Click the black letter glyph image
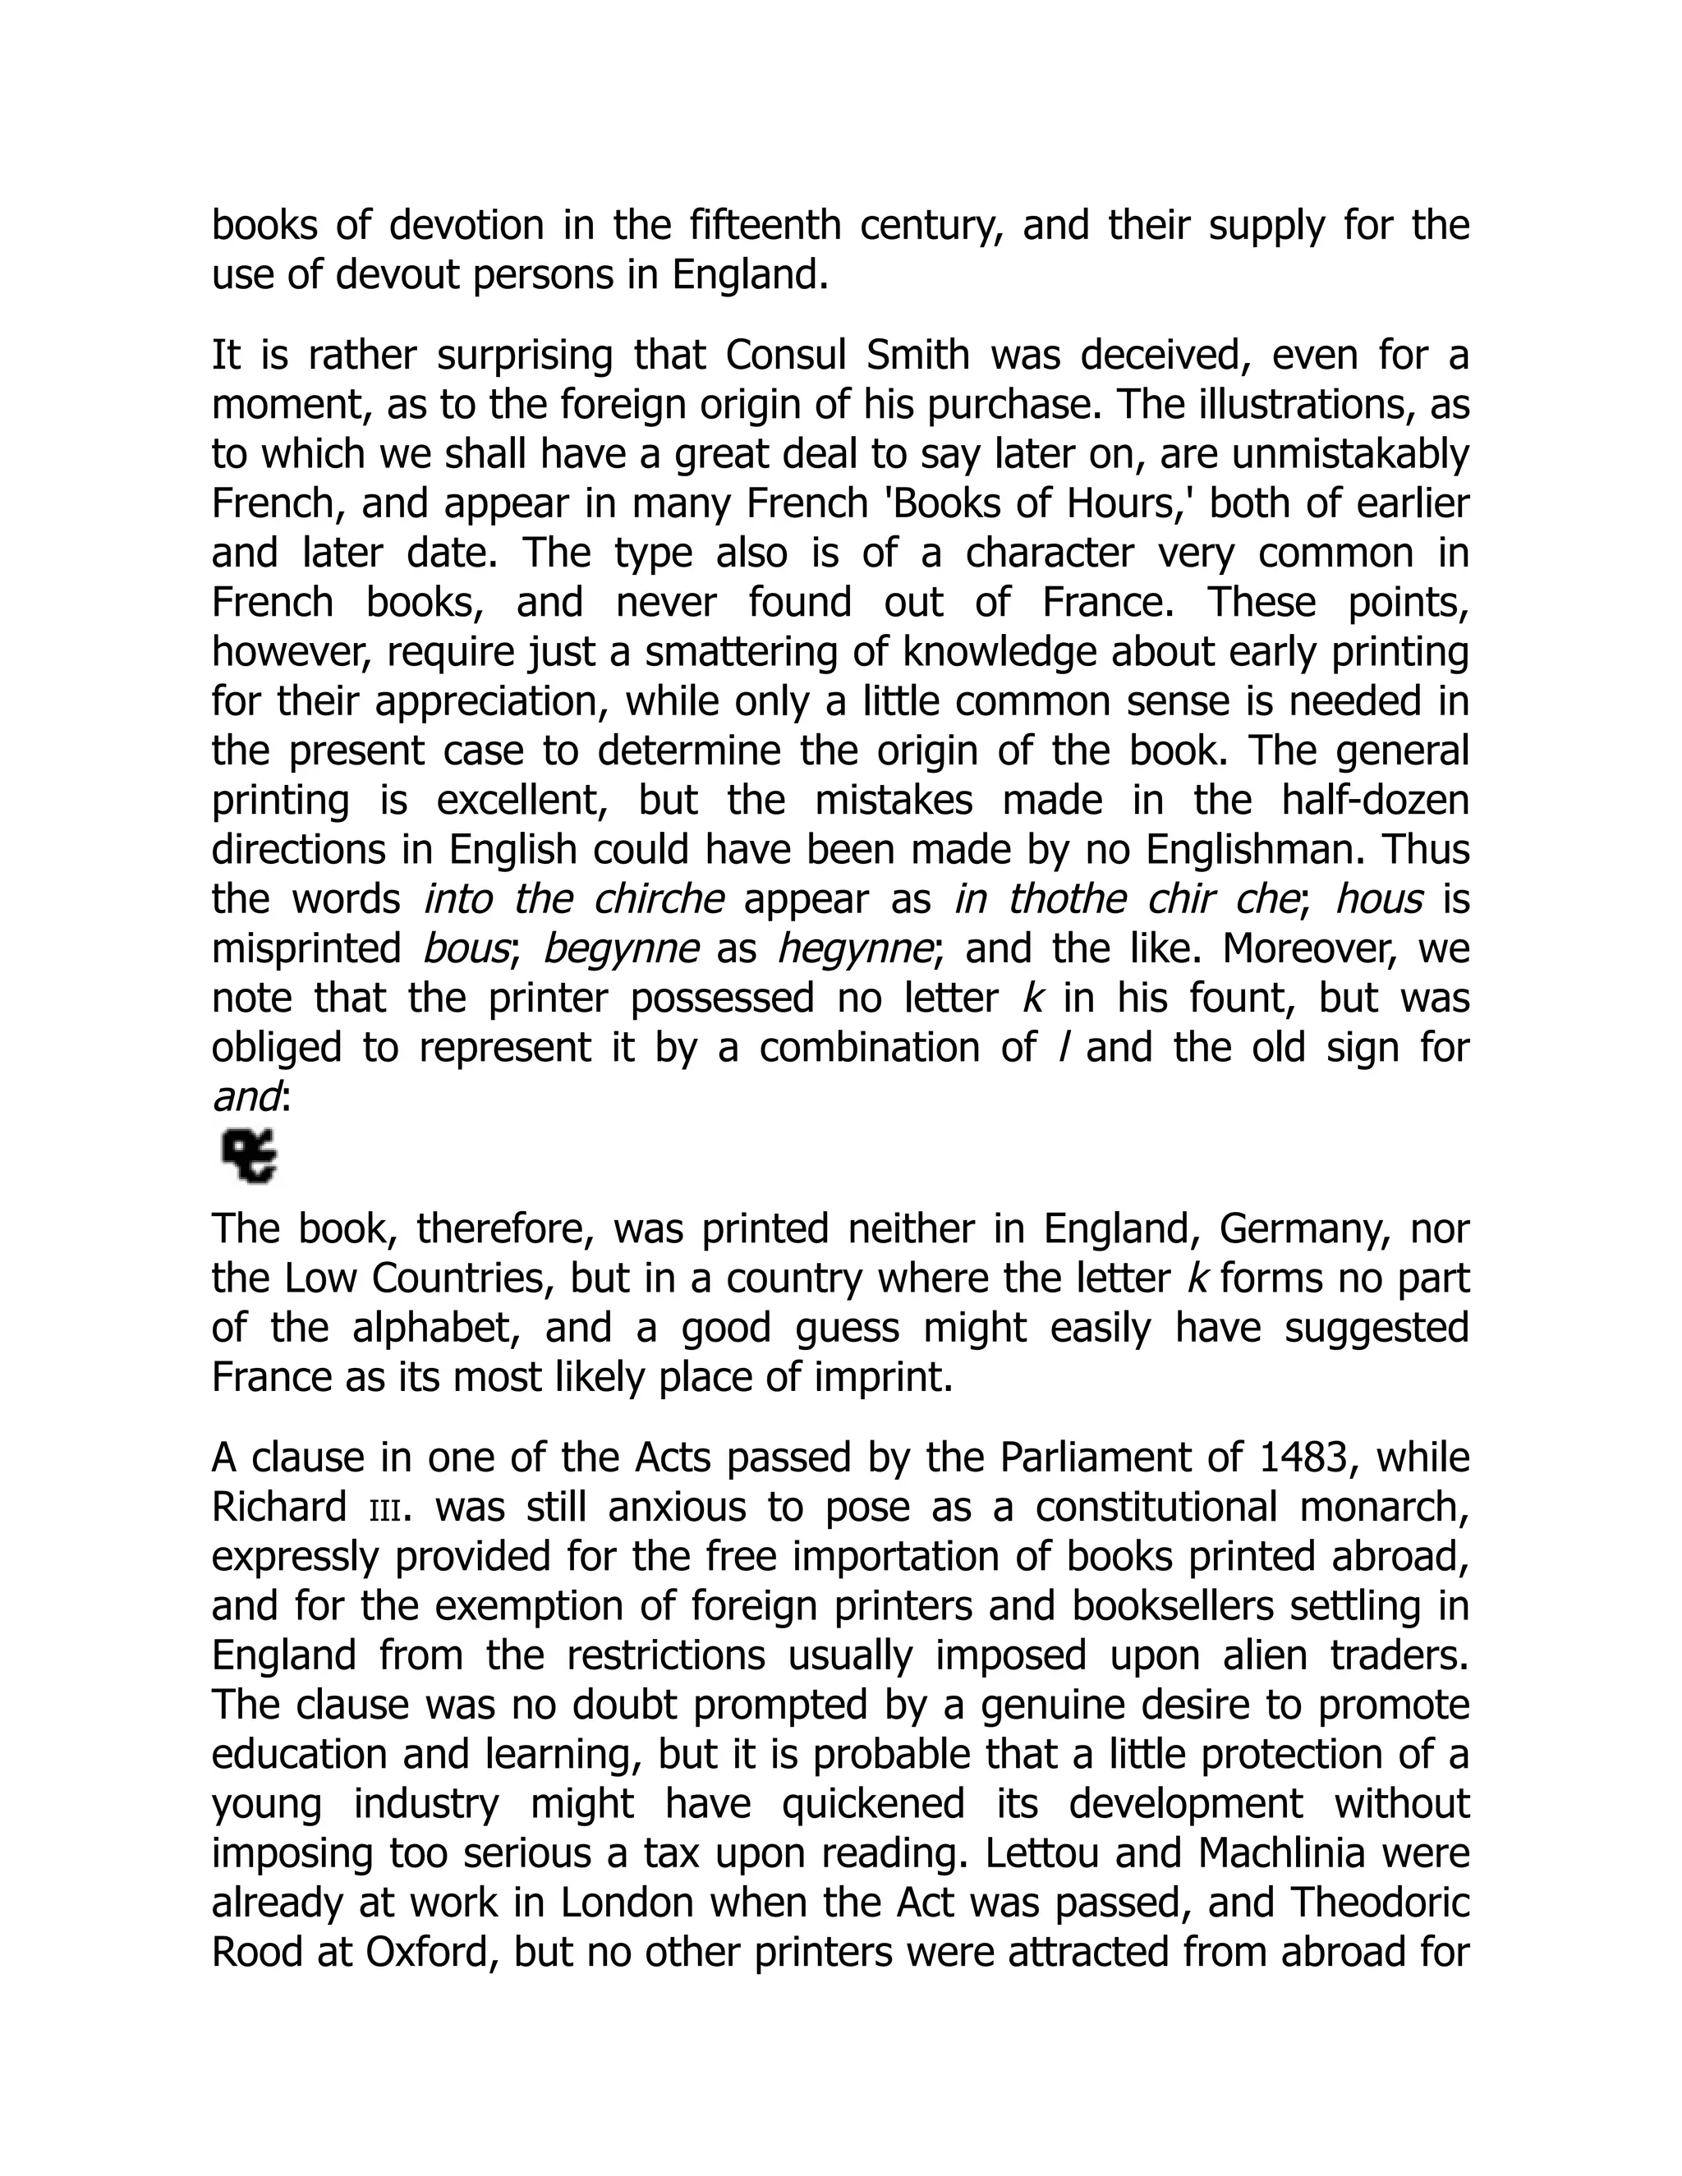coord(249,1156)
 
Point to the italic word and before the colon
coord(245,1097)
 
